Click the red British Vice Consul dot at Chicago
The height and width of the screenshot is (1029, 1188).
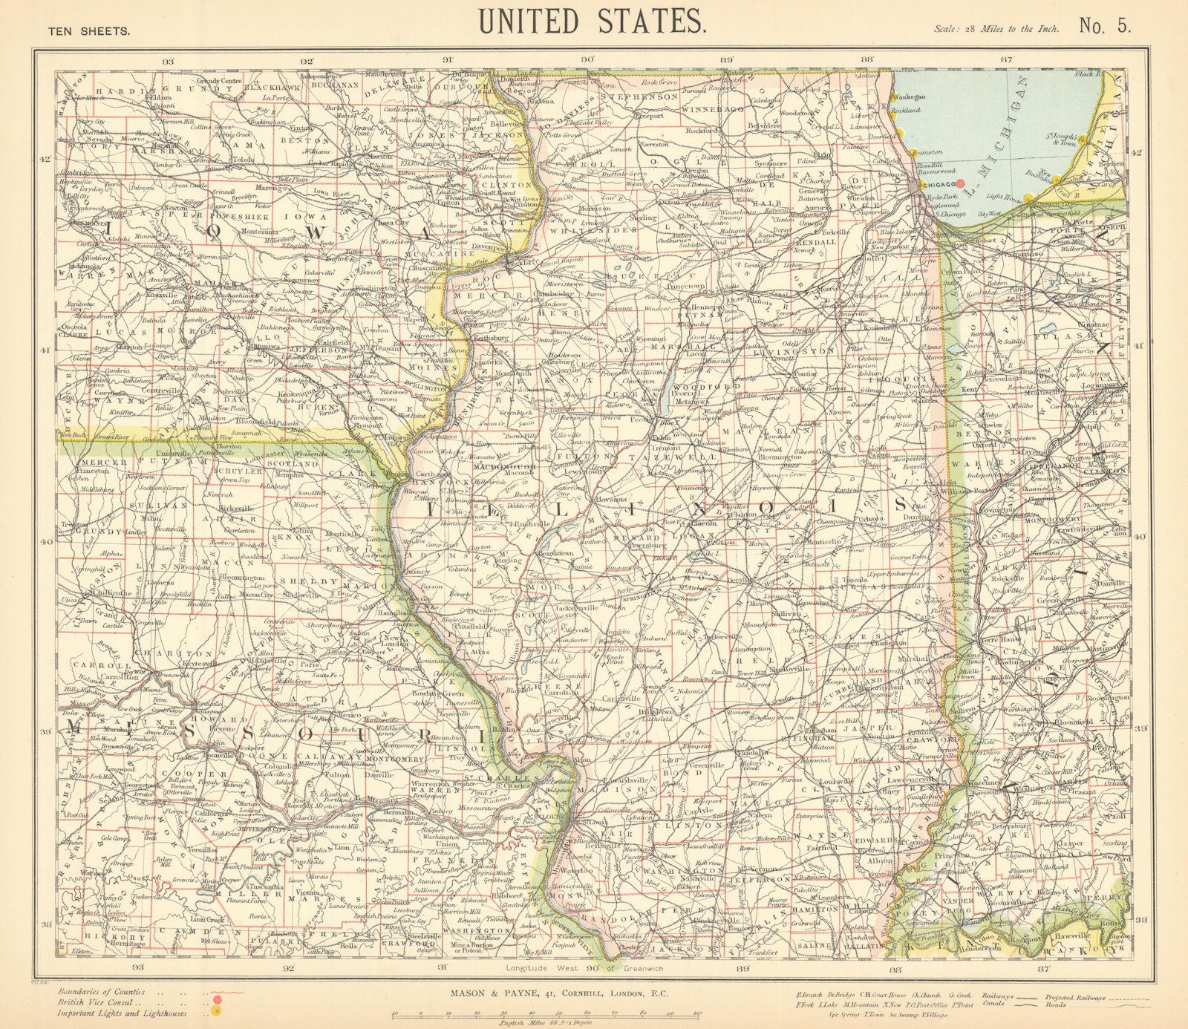(960, 182)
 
